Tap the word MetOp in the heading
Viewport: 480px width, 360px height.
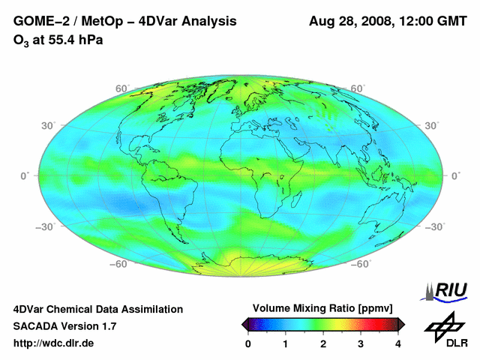coord(97,22)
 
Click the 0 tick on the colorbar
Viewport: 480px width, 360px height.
coord(248,343)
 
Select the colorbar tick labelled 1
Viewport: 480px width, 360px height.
coord(286,343)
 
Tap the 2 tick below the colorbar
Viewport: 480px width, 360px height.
coord(323,343)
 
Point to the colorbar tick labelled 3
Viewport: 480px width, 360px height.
coord(361,343)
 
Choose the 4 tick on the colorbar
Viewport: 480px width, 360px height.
coord(398,343)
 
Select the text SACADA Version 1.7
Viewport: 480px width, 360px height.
coord(64,326)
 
